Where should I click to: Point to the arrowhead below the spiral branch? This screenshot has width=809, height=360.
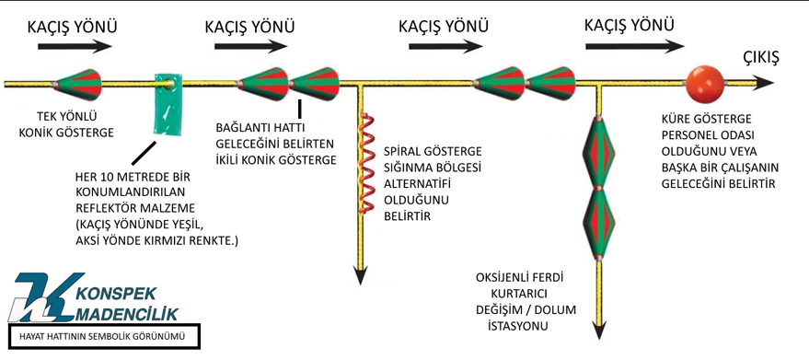pos(360,274)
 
